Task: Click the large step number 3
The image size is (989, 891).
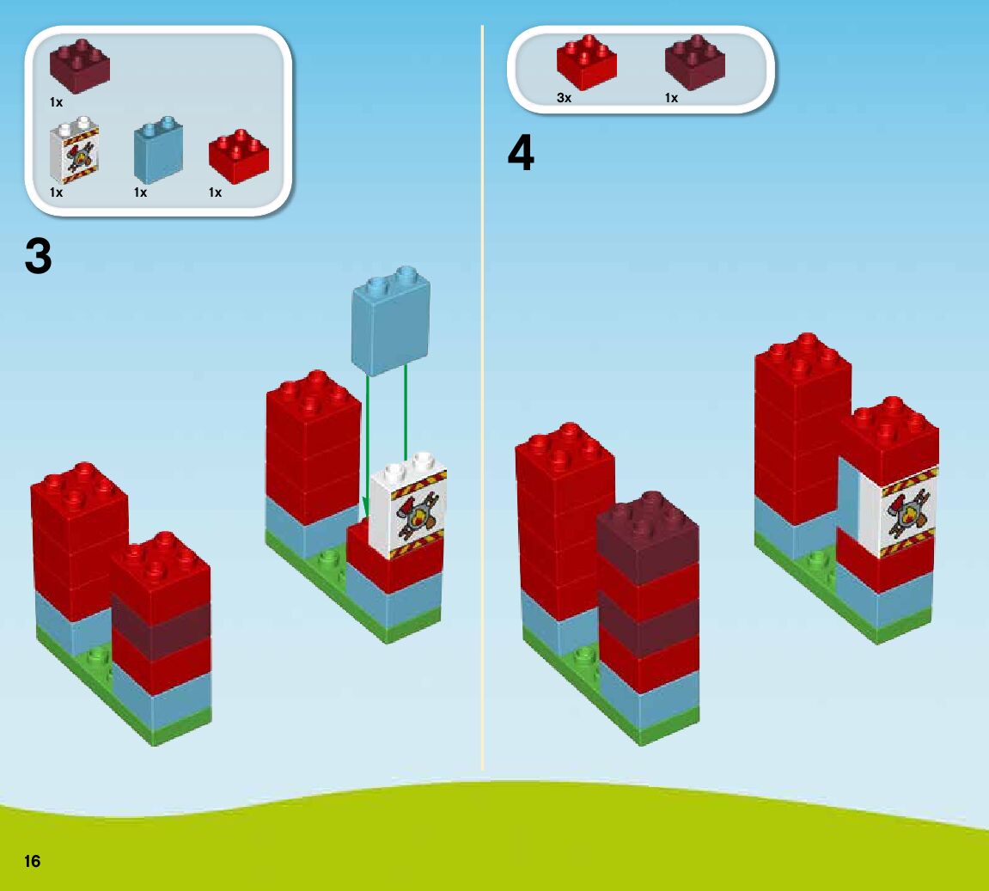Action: pyautogui.click(x=39, y=256)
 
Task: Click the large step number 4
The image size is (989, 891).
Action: pyautogui.click(x=521, y=154)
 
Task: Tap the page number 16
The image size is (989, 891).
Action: pyautogui.click(x=33, y=861)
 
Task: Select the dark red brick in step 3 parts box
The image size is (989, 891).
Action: pyautogui.click(x=80, y=63)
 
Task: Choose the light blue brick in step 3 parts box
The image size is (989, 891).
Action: pyautogui.click(x=157, y=152)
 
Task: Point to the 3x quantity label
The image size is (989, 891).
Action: pyautogui.click(x=564, y=98)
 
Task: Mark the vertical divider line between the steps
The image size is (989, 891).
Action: pyautogui.click(x=482, y=430)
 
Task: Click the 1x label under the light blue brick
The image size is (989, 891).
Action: pyautogui.click(x=140, y=192)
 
